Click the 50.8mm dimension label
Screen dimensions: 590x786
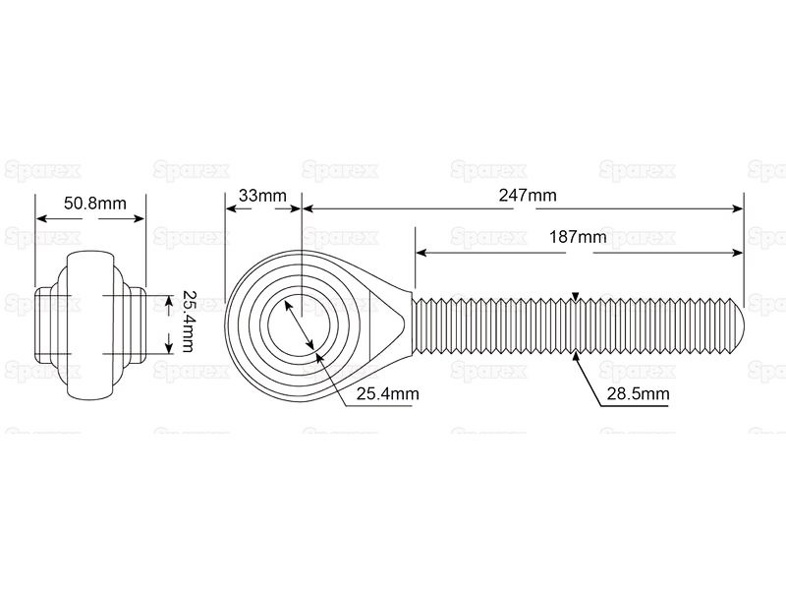94,205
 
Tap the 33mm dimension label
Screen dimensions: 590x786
260,196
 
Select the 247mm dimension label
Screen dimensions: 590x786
529,196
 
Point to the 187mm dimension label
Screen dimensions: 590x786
578,237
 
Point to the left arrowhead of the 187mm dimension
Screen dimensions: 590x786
420,254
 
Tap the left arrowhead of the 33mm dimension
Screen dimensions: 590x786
230,207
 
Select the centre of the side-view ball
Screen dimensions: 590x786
91,323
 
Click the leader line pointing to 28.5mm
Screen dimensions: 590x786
589,378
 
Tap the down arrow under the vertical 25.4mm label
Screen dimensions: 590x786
169,343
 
